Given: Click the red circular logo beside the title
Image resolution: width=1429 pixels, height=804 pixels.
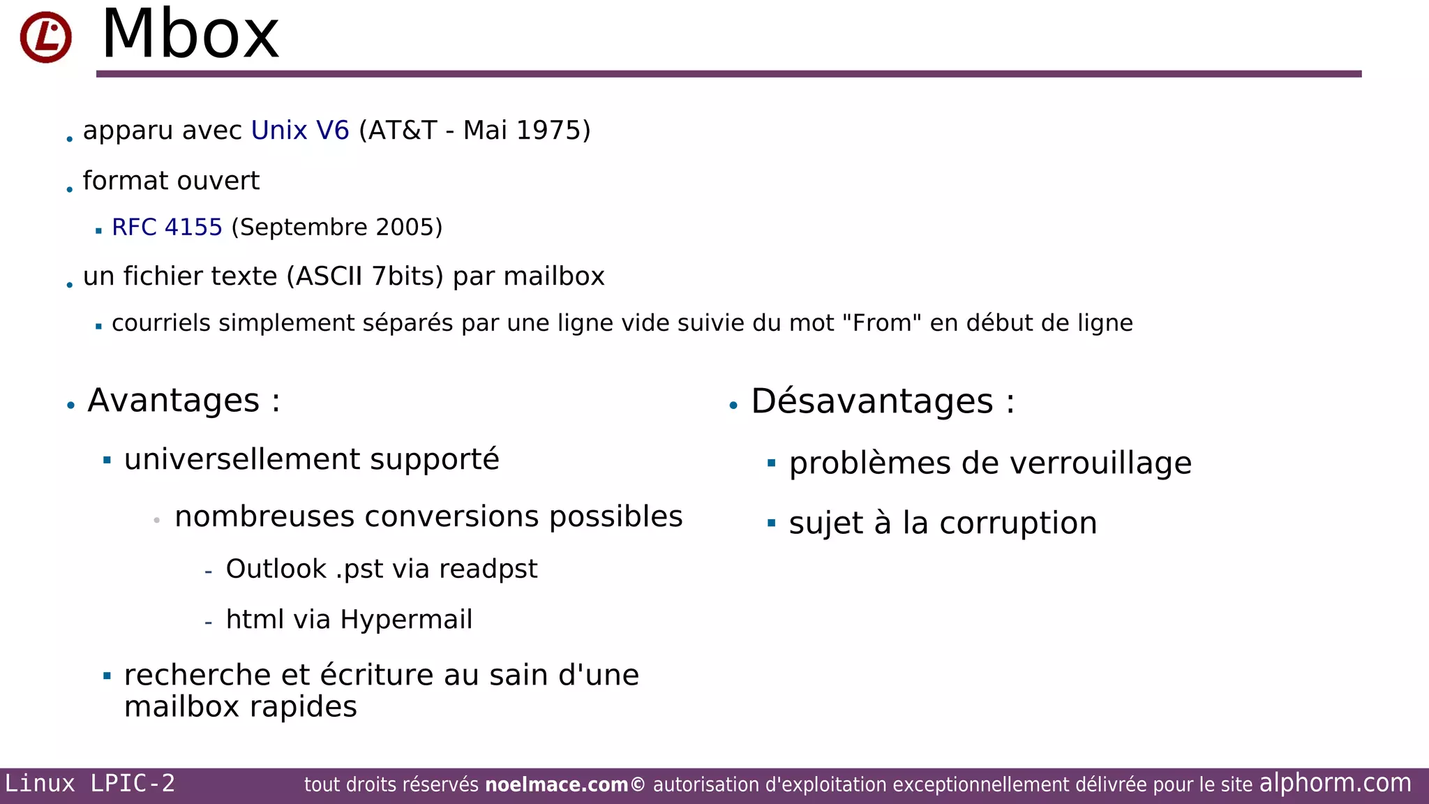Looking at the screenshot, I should pyautogui.click(x=45, y=37).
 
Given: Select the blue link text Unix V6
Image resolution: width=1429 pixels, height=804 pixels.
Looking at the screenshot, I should pyautogui.click(x=300, y=131).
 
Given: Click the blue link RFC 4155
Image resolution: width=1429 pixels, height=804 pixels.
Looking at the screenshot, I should pyautogui.click(x=167, y=228).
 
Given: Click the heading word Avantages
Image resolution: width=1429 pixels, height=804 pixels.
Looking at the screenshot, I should pyautogui.click(x=174, y=401).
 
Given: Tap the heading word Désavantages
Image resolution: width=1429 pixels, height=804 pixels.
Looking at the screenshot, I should pyautogui.click(x=871, y=401).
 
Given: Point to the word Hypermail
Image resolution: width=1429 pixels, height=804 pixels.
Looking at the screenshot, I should pyautogui.click(x=406, y=620).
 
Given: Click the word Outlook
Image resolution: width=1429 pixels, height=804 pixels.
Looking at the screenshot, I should pyautogui.click(x=276, y=569).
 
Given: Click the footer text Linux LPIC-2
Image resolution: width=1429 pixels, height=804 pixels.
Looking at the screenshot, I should pyautogui.click(x=90, y=784).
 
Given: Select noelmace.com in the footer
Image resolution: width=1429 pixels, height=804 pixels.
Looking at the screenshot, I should pyautogui.click(x=556, y=785).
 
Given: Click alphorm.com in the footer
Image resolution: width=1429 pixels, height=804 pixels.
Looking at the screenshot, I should pyautogui.click(x=1335, y=783).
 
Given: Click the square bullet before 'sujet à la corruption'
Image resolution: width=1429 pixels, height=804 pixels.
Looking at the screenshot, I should pyautogui.click(x=771, y=523).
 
